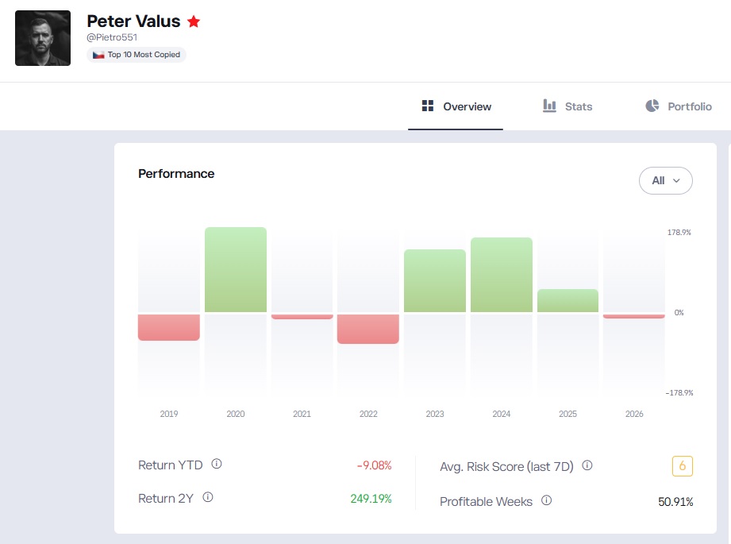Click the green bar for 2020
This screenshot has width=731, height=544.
pos(236,270)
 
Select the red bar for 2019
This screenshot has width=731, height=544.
pos(169,327)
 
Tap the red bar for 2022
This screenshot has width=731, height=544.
pos(367,329)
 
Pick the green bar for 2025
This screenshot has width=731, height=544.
pos(567,300)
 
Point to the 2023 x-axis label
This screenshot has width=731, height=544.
pos(434,414)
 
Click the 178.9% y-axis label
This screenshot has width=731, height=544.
pos(679,233)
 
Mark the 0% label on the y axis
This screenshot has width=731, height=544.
pos(679,313)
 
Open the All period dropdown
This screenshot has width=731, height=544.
pos(665,180)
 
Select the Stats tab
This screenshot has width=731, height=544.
pos(567,106)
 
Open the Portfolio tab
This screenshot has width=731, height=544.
pos(679,106)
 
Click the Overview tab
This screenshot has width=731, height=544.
pos(456,106)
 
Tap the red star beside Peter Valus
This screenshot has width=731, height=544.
pos(194,21)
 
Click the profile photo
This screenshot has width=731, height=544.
pos(43,38)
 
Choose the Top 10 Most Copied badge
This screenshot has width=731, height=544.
pos(137,55)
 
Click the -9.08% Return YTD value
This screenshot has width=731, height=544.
pos(374,465)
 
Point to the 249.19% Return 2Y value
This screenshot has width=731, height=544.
pos(371,499)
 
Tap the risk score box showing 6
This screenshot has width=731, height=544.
pos(682,465)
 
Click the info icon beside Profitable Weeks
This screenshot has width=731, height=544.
pos(546,500)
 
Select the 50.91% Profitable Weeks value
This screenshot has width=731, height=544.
pos(675,502)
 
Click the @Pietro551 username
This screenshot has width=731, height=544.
pos(112,37)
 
